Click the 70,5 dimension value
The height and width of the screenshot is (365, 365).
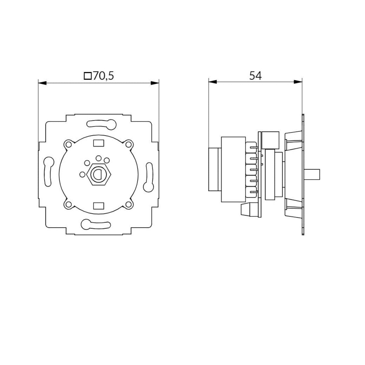pyautogui.click(x=103, y=76)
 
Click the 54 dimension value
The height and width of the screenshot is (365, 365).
pyautogui.click(x=255, y=76)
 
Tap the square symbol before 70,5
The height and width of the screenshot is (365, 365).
pyautogui.click(x=88, y=76)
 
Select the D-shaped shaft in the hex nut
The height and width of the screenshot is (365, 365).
pyautogui.click(x=98, y=174)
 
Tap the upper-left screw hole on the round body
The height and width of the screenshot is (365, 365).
pyautogui.click(x=68, y=144)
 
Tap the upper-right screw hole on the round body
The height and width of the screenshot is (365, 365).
pyautogui.click(x=129, y=144)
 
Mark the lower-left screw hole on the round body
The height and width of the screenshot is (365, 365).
pyautogui.click(x=68, y=204)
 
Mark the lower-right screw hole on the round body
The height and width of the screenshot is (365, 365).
pyautogui.click(x=129, y=204)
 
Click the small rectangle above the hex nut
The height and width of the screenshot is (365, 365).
pyautogui.click(x=98, y=142)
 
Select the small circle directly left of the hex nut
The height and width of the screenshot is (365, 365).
pyautogui.click(x=82, y=174)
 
